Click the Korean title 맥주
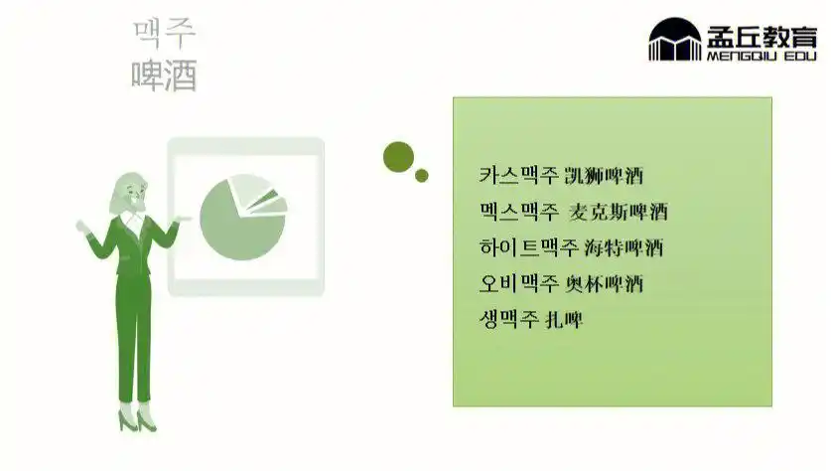point(164,33)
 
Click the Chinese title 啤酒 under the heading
point(164,75)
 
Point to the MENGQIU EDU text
point(760,57)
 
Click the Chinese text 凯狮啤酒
point(604,177)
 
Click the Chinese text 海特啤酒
point(623,247)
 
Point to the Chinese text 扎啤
point(564,319)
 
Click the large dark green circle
point(398,156)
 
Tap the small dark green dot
point(422,176)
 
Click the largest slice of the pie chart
point(238,227)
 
